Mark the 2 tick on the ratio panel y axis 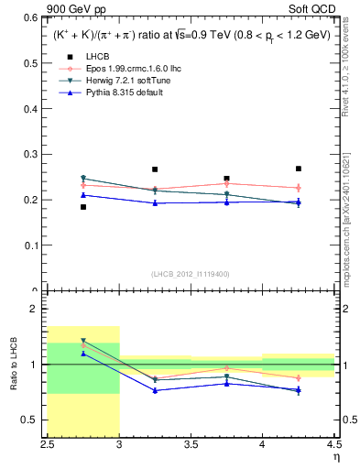[x=38, y=310]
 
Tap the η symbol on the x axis [x=335, y=457]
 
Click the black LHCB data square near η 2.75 [x=83, y=207]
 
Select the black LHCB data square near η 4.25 [x=298, y=169]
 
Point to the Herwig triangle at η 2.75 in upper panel [x=83, y=179]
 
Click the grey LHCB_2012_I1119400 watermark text [x=191, y=274]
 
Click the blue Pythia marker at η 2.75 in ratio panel [x=83, y=354]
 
